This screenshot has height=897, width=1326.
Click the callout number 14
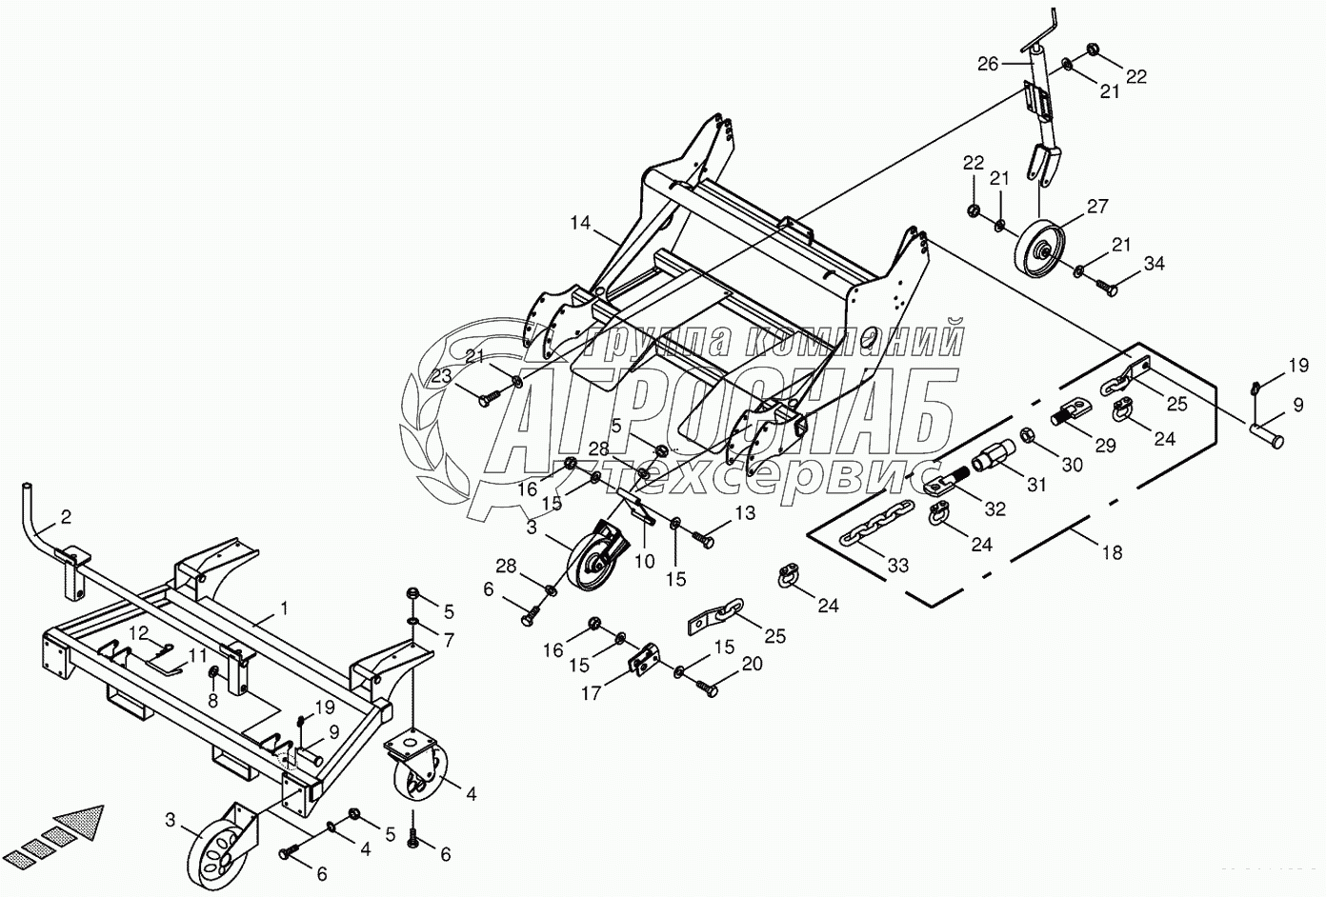(581, 225)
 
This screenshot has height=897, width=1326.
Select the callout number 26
(988, 65)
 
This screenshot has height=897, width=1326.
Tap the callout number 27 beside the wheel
(1097, 206)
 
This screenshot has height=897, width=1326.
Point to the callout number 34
(1155, 263)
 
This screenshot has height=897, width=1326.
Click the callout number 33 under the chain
(897, 565)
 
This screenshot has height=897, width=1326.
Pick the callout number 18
(1112, 551)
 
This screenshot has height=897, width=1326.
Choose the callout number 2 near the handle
(65, 517)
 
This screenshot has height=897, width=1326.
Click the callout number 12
(140, 632)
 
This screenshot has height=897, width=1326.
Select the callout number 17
(592, 693)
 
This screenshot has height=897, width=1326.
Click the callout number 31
(1036, 484)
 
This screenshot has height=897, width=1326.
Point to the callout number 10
(645, 562)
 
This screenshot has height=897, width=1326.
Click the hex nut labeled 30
(1030, 436)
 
